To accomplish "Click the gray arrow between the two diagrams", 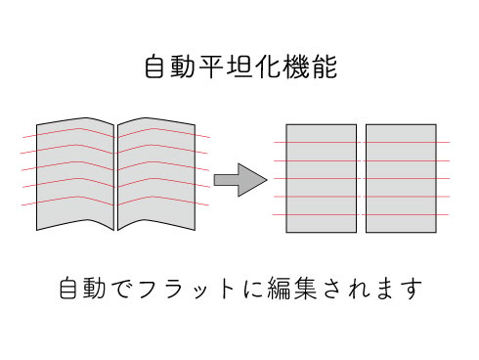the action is (x=240, y=180).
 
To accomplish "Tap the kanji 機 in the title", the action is (x=296, y=67).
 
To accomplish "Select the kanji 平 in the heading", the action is (x=211, y=67).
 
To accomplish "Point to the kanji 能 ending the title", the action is (x=325, y=67).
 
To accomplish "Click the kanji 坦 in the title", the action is (x=239, y=67).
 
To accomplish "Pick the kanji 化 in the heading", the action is (x=268, y=67).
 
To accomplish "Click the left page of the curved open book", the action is (x=75, y=174).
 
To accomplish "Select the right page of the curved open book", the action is (x=156, y=174).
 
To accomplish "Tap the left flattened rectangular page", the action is (x=322, y=178).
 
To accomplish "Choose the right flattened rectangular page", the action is (x=401, y=178).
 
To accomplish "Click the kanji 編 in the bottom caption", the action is (x=279, y=289).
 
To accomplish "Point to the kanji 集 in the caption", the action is (x=305, y=289).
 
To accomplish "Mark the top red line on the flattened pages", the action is (x=362, y=142).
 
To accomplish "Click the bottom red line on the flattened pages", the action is (x=361, y=214).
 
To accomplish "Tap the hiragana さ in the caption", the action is (x=332, y=289).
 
